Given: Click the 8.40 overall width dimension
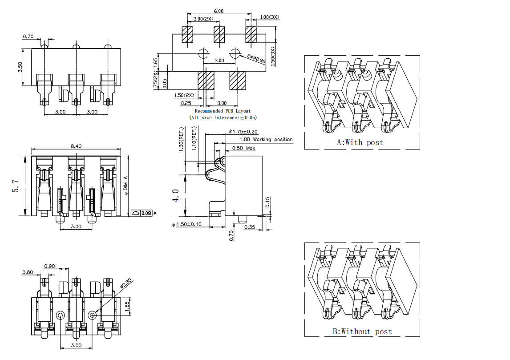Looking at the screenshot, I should tap(76, 146).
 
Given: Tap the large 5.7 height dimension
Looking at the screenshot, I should tap(16, 186).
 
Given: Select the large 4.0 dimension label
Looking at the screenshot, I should tap(176, 195).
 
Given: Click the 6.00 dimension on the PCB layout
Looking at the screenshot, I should tap(218, 11).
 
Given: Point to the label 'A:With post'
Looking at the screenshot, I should tap(360, 142).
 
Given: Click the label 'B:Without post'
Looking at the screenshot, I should tap(362, 331).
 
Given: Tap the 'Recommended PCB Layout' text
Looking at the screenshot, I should tap(223, 111).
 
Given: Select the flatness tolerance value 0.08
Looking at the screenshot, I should tap(146, 214).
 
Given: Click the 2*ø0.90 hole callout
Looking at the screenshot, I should tap(256, 58).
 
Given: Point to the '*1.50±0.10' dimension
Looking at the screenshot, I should tap(187, 224).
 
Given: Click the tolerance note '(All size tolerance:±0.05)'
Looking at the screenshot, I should tap(223, 117).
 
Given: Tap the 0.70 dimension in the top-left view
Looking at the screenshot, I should tap(28, 36).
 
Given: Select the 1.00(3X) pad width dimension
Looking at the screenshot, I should tap(269, 17).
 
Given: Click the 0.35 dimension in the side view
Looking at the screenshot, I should tap(249, 227).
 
